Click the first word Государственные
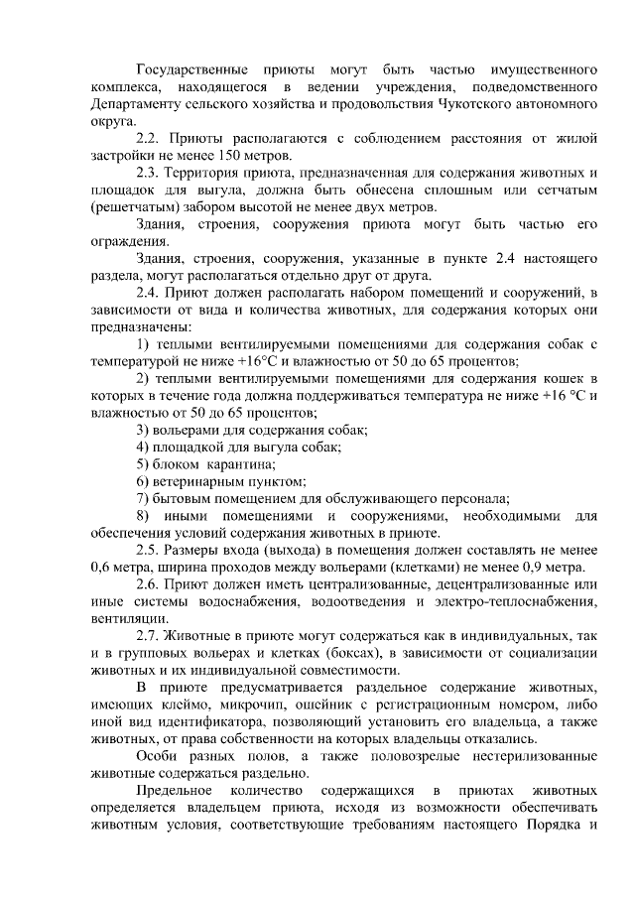point(190,71)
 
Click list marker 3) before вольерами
point(143,430)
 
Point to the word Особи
point(157,754)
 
